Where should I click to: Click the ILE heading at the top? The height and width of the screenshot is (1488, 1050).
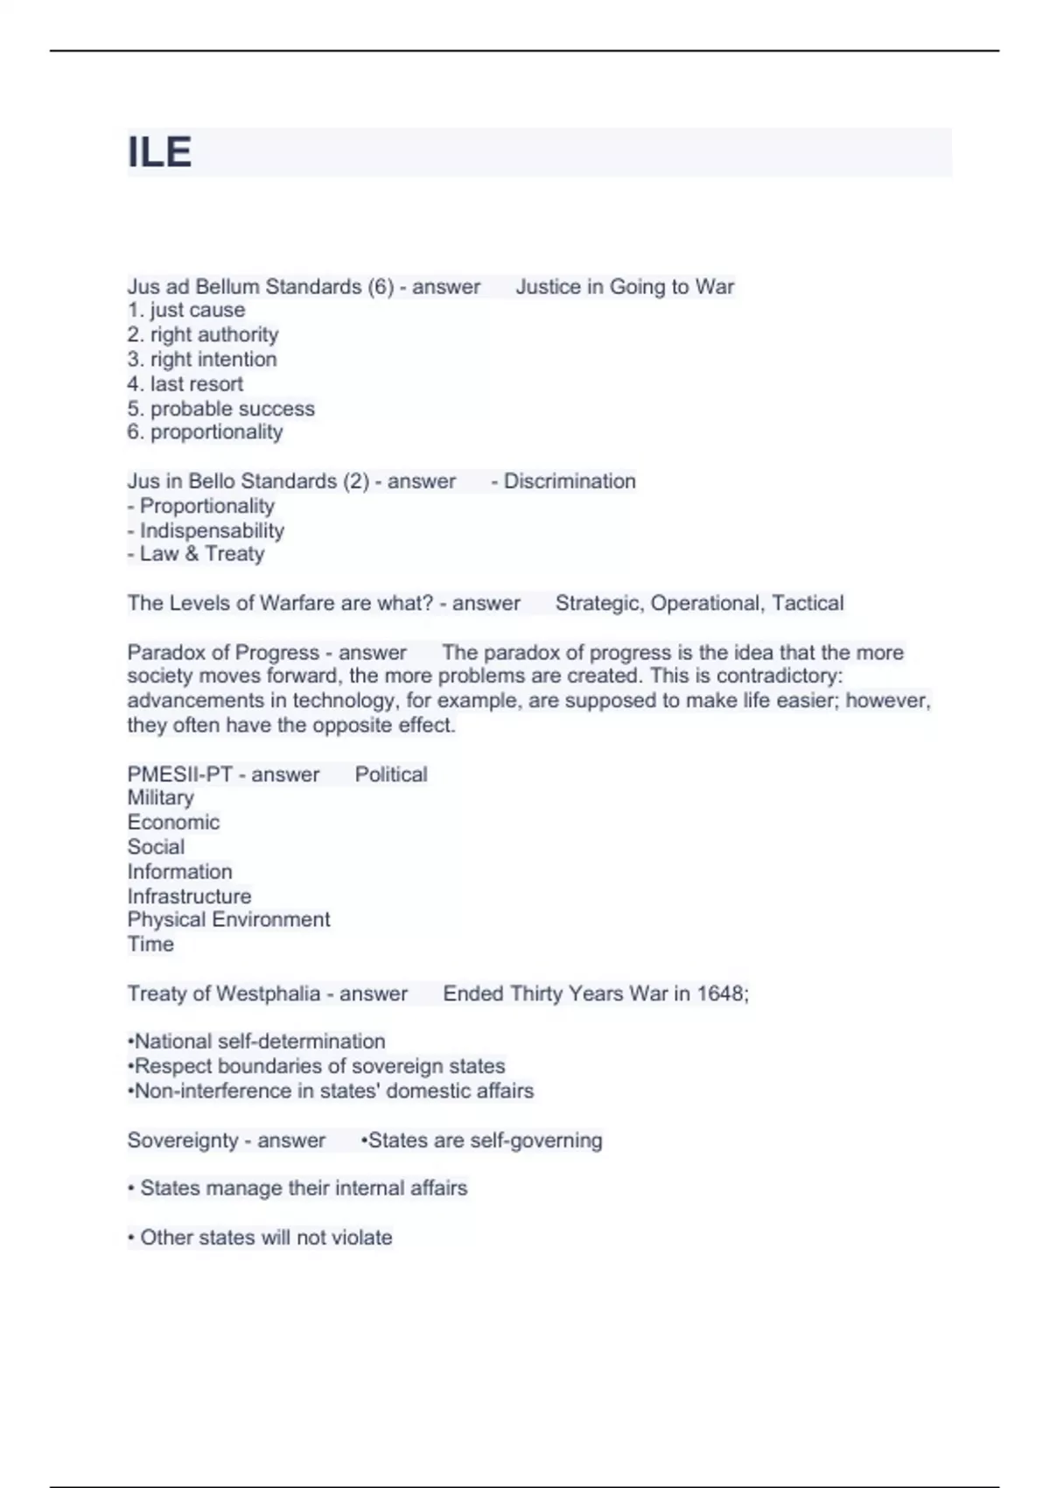click(x=159, y=152)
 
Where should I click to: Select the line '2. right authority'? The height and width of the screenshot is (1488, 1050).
click(x=203, y=334)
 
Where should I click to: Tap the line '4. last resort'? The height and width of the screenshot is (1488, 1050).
click(x=185, y=383)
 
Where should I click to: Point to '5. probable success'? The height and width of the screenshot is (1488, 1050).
click(x=220, y=408)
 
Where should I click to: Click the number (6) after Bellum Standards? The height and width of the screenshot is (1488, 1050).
click(x=381, y=287)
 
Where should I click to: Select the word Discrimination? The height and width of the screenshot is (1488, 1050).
click(x=569, y=481)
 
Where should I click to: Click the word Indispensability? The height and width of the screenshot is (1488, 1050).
click(x=212, y=530)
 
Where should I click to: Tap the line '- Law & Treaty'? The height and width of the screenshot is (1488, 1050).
click(x=196, y=554)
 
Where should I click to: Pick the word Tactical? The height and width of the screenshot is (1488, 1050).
click(x=808, y=603)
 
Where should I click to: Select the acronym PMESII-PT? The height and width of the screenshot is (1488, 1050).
click(x=179, y=775)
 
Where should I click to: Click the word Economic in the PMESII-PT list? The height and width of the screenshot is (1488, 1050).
click(x=173, y=822)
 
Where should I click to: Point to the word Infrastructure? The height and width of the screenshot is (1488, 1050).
click(x=189, y=896)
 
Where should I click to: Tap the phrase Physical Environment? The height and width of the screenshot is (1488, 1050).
click(x=228, y=920)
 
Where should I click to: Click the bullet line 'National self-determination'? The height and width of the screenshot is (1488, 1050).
click(x=256, y=1042)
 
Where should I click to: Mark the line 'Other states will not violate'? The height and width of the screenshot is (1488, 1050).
click(x=260, y=1238)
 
